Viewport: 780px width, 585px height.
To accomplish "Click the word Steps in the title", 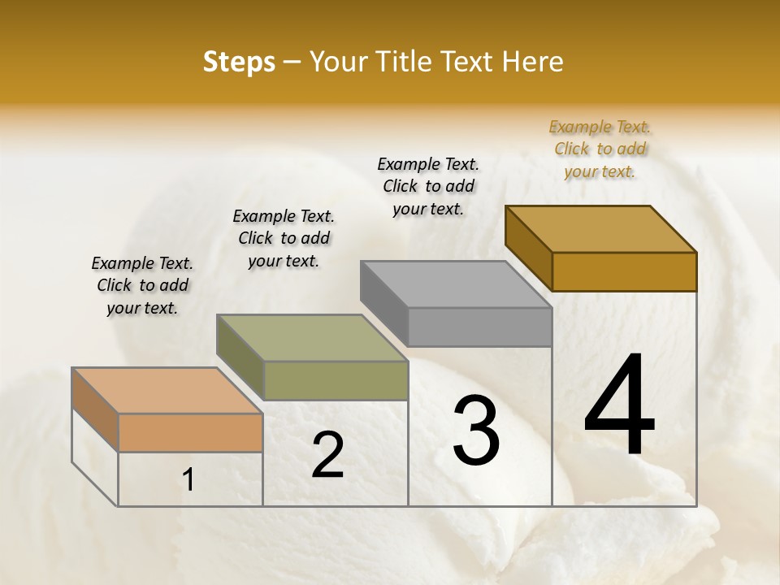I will [x=239, y=62].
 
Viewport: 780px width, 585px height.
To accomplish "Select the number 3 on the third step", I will [x=476, y=431].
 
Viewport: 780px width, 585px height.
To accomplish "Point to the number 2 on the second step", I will [x=327, y=455].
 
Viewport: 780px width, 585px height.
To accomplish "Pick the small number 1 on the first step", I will [x=188, y=479].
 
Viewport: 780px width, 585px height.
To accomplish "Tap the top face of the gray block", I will [x=455, y=284].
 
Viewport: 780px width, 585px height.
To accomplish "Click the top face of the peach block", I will [x=167, y=391].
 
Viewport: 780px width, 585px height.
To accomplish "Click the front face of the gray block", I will [x=479, y=327].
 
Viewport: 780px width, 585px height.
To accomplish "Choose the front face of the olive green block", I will [x=336, y=380].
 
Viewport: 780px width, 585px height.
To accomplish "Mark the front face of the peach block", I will [x=190, y=432].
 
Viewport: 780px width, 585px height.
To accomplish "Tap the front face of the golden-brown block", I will [x=624, y=271].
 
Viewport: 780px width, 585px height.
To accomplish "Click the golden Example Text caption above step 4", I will [x=600, y=149].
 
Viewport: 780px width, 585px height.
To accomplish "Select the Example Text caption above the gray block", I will [x=428, y=186].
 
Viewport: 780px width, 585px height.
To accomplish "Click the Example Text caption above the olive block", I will [x=284, y=238].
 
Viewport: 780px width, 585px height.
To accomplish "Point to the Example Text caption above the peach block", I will [x=142, y=285].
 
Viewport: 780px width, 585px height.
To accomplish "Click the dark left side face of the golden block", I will [x=528, y=247].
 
